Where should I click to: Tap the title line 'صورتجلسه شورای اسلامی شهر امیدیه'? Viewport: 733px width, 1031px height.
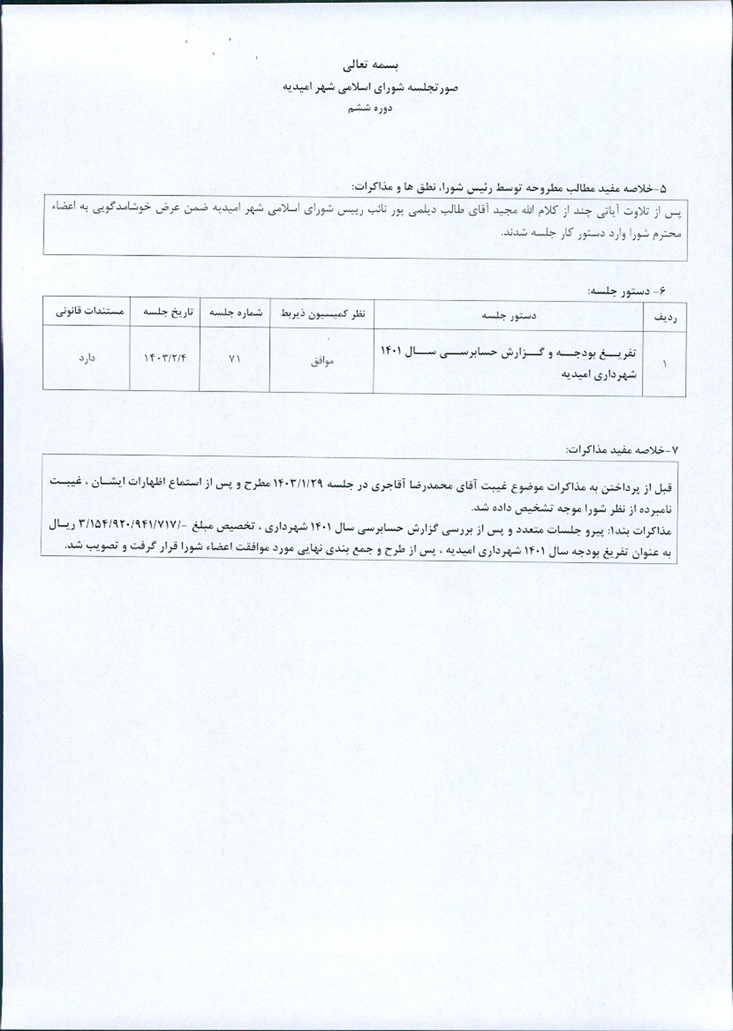tap(370, 88)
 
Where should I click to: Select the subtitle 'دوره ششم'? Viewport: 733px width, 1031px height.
tap(370, 109)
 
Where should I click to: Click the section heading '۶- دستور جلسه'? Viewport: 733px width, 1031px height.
tap(626, 290)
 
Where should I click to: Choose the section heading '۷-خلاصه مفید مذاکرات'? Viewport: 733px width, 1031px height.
tap(621, 449)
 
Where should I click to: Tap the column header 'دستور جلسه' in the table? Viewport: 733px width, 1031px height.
tap(508, 316)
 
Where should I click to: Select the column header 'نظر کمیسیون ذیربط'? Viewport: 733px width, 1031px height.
tap(322, 314)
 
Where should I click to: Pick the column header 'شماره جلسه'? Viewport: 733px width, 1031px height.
tap(236, 313)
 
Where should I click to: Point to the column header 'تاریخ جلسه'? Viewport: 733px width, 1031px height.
tap(168, 313)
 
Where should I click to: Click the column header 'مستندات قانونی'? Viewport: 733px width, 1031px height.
tap(90, 312)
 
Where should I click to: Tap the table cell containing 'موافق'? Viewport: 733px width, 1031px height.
tap(322, 361)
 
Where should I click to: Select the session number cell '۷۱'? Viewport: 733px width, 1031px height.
tap(235, 359)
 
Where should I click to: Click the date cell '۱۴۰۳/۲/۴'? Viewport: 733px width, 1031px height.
tap(165, 358)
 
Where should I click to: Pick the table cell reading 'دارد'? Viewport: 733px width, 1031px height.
tap(87, 358)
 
